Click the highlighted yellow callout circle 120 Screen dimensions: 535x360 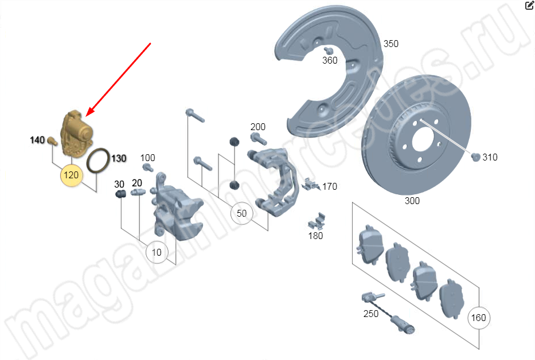71,175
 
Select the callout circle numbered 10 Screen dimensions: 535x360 157,252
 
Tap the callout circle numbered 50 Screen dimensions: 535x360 241,213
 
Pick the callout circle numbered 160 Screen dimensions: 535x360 478,318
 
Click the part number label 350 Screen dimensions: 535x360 390,44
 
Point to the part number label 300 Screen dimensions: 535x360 412,201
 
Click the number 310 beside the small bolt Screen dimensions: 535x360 490,157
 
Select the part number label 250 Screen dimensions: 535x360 371,314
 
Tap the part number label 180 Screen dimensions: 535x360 315,236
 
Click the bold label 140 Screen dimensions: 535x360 37,140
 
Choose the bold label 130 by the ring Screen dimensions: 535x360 119,158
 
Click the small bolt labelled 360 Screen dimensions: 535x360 329,50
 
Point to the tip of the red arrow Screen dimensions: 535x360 87,116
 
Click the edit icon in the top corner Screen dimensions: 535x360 529,5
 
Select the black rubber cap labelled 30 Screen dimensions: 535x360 120,194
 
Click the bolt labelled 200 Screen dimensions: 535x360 259,139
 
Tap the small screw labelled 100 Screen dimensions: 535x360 148,167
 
